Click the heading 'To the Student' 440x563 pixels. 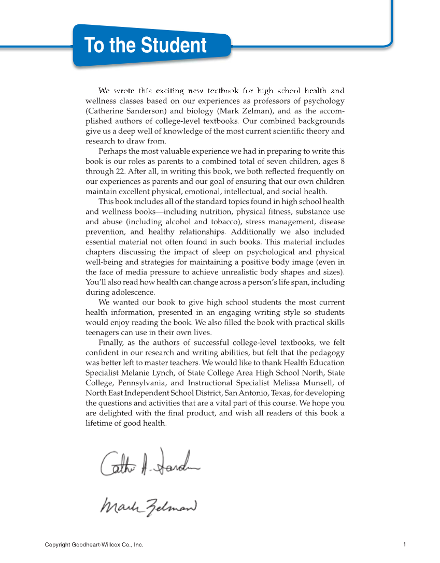click(145, 46)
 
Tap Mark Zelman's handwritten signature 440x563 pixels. click(148, 505)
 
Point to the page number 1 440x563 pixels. click(404, 544)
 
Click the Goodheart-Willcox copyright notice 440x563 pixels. click(94, 545)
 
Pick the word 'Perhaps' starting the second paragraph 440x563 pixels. click(112, 151)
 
